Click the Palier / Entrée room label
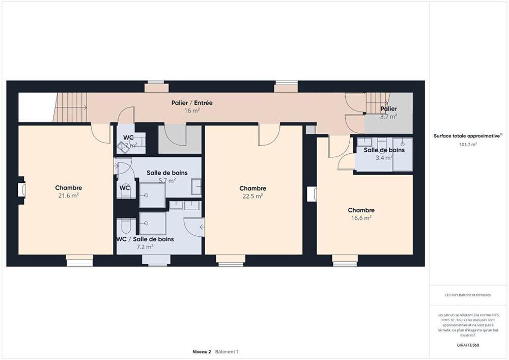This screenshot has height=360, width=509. tap(192, 103)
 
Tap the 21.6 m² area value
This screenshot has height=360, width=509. tap(69, 195)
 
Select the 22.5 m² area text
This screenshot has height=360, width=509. tap(253, 196)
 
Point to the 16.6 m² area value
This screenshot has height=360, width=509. tap(361, 217)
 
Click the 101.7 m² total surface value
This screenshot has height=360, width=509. tap(468, 144)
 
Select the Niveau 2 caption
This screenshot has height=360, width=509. tap(202, 351)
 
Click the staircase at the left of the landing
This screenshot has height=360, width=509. tap(70, 107)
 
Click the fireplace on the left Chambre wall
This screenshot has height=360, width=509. tap(21, 190)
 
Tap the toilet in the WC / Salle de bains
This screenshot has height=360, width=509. tap(126, 225)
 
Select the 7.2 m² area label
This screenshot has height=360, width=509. tap(145, 246)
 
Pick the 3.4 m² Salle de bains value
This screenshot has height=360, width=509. tap(384, 158)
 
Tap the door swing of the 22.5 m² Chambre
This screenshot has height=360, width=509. tap(268, 135)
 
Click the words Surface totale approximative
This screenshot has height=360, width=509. tap(467, 136)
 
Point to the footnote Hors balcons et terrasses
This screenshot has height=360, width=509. tap(468, 295)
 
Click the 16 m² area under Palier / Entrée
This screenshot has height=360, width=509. tap(192, 110)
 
